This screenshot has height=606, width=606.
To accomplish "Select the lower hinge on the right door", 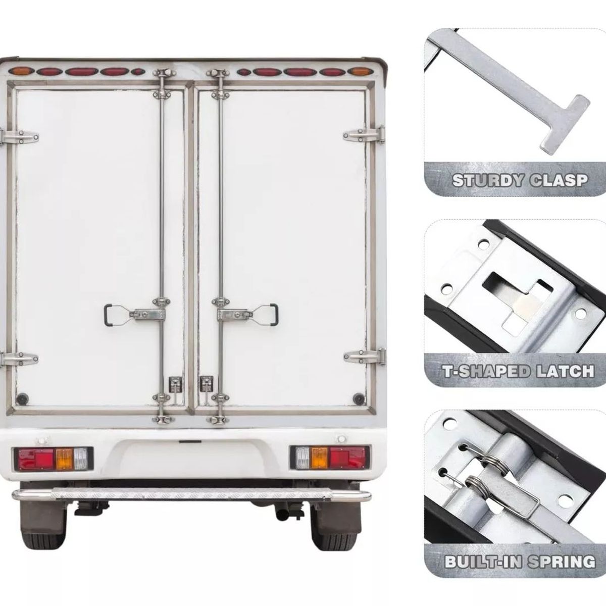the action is point(365,357).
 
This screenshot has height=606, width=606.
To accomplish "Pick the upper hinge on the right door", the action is point(364,135).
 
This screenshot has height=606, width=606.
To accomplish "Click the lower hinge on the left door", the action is point(19,359).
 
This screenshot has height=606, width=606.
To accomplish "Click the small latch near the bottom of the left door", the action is point(174,384).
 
